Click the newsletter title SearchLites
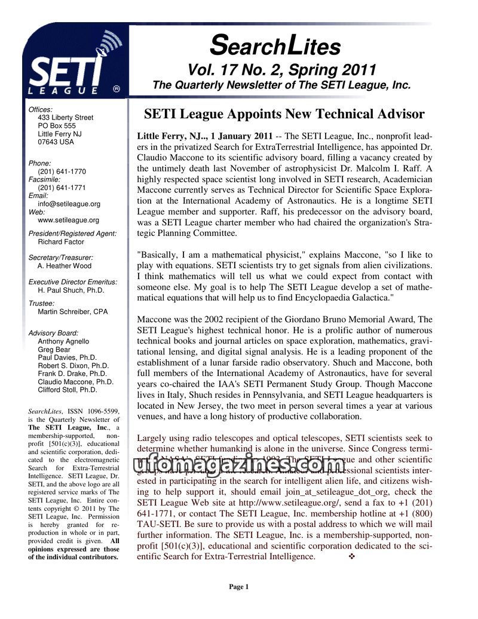pos(275,45)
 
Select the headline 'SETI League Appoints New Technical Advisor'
pos(284,114)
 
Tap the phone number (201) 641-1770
pos(62,171)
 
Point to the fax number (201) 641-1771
pos(62,188)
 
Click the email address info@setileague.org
pos(69,204)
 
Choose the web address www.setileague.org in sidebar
pos(69,220)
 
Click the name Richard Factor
pos(61,242)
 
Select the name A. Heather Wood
pos(65,266)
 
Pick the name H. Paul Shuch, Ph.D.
pos(71,290)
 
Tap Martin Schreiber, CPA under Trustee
pos(73,312)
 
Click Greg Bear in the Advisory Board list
pos(54,350)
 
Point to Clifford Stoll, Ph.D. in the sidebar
pos(68,390)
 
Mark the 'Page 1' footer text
pos(238,587)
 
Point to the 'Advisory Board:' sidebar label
pos(53,333)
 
